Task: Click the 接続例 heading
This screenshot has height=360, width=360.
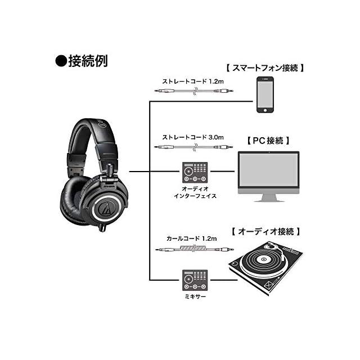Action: (x=88, y=61)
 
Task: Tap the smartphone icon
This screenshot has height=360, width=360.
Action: (x=265, y=94)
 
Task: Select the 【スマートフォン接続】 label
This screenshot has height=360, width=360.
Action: (x=265, y=68)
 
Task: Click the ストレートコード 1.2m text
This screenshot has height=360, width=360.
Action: (x=193, y=82)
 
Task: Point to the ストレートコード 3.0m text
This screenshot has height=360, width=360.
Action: (x=193, y=137)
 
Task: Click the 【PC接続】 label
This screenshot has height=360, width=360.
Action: (x=268, y=141)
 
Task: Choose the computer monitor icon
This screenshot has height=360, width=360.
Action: (x=268, y=176)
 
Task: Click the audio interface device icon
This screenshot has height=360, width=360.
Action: (x=195, y=172)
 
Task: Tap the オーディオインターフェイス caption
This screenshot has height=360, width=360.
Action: (x=195, y=192)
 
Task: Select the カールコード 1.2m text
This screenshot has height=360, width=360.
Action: (x=191, y=238)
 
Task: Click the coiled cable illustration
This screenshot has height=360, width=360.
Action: (x=195, y=249)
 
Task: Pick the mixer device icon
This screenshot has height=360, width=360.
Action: (x=195, y=280)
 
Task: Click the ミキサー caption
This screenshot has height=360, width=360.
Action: (x=195, y=296)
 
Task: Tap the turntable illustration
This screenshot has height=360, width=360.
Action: (x=265, y=268)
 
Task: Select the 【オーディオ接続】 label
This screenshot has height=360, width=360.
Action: (x=265, y=231)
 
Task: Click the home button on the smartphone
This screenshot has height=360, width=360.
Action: (x=265, y=110)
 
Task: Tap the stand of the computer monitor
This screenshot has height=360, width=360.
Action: (x=268, y=198)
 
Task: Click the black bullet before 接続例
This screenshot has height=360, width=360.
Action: (x=61, y=61)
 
